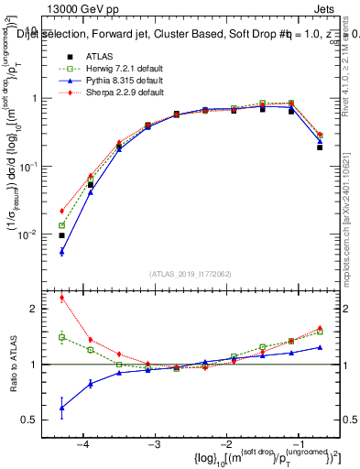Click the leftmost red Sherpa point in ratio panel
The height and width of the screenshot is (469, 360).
click(61, 297)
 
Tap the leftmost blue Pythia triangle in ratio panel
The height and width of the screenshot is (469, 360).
click(61, 408)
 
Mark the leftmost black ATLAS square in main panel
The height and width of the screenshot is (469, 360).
click(61, 235)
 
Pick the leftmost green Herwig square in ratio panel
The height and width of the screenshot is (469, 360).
click(61, 337)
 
